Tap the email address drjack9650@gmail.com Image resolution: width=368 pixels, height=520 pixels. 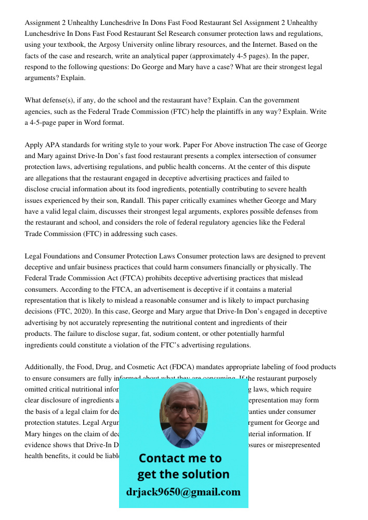pyautogui.click(x=183, y=492)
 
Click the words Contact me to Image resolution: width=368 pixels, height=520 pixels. pyautogui.click(x=180, y=458)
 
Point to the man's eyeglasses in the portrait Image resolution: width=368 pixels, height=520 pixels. pyautogui.click(x=183, y=409)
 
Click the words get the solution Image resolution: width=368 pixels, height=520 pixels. pyautogui.click(x=183, y=474)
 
